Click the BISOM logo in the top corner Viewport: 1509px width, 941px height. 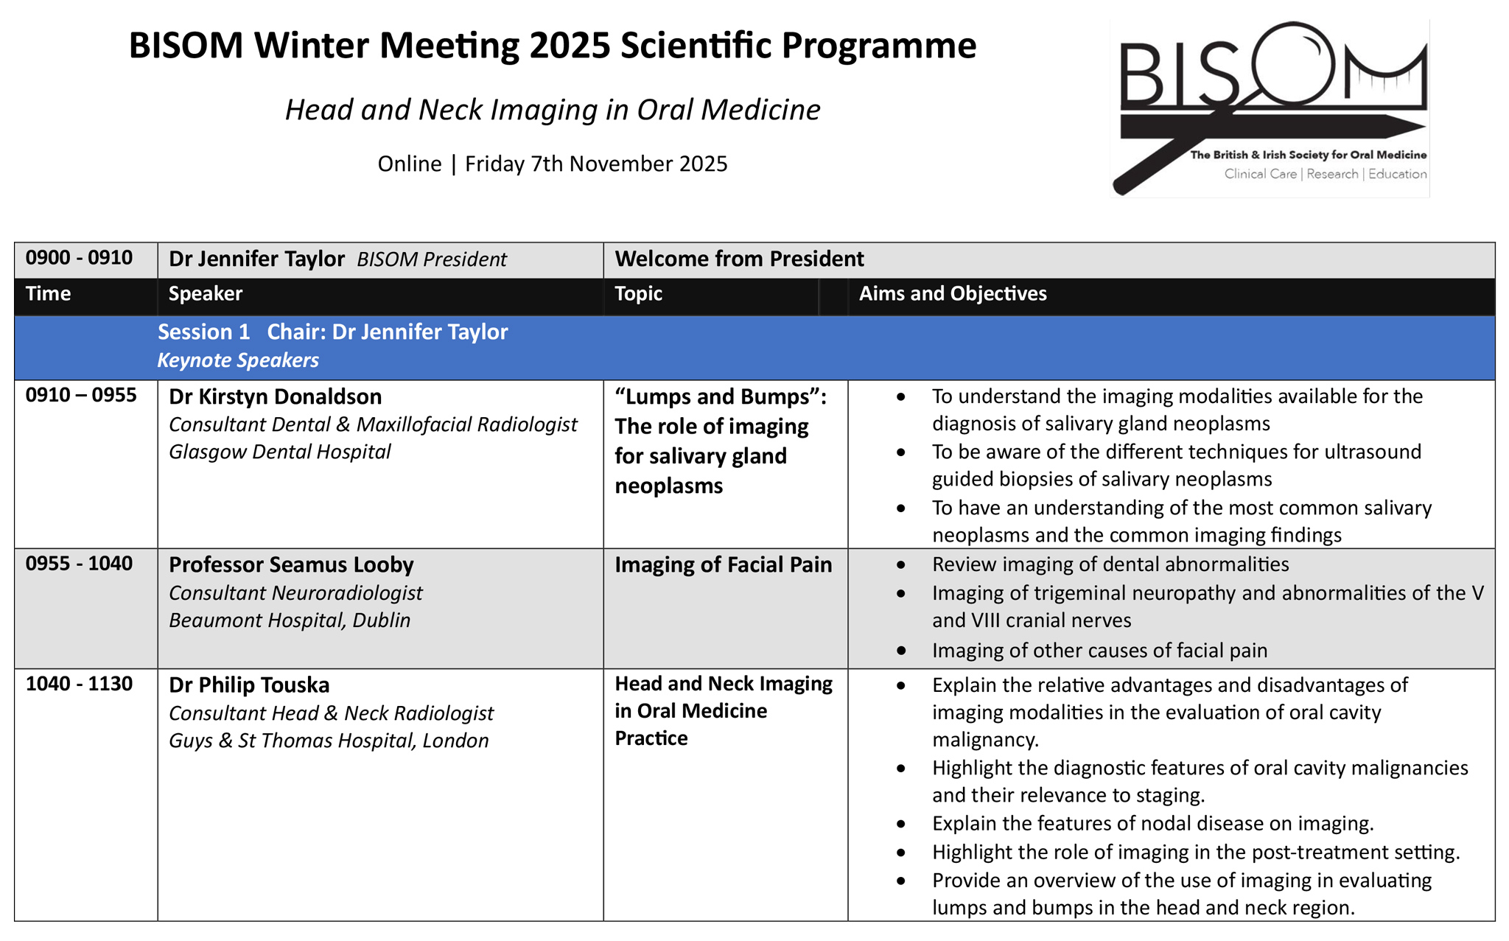(1270, 108)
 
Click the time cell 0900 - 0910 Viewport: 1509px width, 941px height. (79, 258)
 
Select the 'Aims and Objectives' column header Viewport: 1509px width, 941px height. (952, 294)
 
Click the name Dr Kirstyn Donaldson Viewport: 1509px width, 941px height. (275, 397)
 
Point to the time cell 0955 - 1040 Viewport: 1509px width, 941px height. (79, 564)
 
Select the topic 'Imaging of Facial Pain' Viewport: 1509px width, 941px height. (723, 565)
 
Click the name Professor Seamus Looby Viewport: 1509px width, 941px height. (291, 565)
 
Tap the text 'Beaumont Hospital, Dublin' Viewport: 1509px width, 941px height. (289, 620)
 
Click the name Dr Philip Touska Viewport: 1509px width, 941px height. (249, 685)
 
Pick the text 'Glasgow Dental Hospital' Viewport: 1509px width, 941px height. (279, 452)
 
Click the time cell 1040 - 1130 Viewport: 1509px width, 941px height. (79, 685)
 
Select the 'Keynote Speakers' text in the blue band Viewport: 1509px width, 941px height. (237, 360)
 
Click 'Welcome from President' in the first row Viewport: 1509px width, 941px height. (739, 259)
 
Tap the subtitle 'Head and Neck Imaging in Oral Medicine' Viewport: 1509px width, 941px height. (552, 110)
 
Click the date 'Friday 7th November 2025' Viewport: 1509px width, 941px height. (595, 164)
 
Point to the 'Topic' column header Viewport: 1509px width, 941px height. (638, 294)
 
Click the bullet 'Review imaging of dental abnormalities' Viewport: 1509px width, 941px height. (1110, 565)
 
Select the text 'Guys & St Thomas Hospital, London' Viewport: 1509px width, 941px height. (329, 741)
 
